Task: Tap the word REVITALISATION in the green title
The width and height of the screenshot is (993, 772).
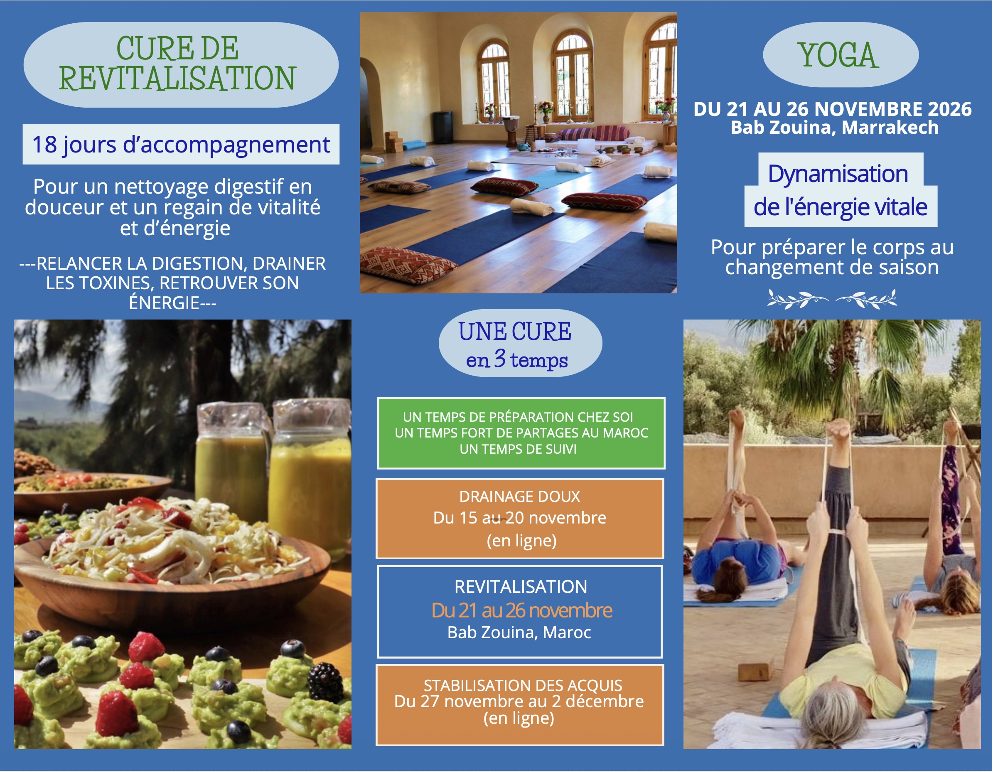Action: point(177,78)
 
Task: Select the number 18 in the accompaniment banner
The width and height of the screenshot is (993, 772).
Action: point(44,145)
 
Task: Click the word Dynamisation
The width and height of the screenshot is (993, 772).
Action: point(838,174)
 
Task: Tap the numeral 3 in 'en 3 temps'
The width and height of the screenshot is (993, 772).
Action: point(499,358)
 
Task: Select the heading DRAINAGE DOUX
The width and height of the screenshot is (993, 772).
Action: point(519,497)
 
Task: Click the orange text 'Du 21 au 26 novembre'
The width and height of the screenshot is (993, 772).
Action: point(521,610)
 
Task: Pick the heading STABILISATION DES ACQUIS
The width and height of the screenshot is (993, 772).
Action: point(522,685)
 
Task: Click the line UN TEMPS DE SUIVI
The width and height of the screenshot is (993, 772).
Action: point(518,449)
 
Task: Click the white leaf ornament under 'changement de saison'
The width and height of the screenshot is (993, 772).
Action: point(832,299)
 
